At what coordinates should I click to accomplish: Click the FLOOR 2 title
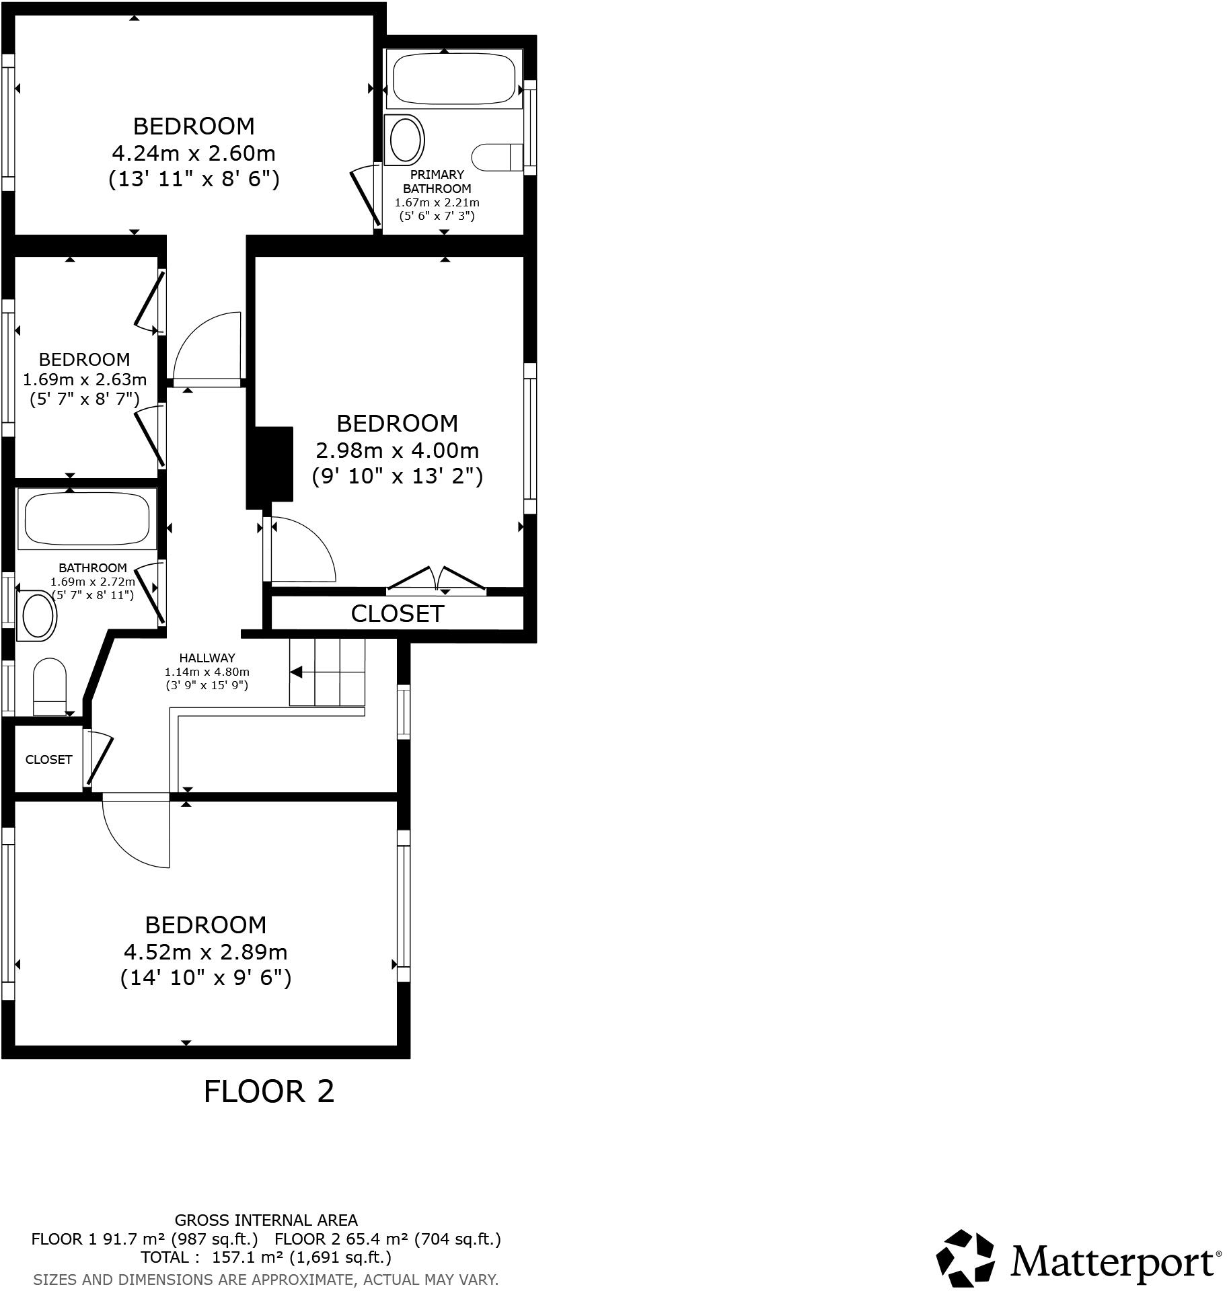(x=268, y=1092)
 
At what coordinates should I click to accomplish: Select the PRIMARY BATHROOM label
(x=437, y=182)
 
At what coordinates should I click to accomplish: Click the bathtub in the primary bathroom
(x=454, y=78)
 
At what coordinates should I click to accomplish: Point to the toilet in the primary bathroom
(x=497, y=157)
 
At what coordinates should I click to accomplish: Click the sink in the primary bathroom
(x=405, y=140)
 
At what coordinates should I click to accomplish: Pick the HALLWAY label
(x=207, y=658)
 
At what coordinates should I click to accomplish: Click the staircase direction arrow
(x=296, y=672)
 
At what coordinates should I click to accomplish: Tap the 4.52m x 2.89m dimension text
(x=205, y=952)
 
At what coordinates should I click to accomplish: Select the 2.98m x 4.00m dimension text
(x=397, y=450)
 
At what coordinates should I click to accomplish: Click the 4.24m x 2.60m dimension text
(x=194, y=153)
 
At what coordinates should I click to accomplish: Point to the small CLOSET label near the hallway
(x=48, y=760)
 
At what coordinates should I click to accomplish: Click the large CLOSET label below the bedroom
(x=397, y=613)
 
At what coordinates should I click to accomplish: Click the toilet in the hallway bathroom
(x=50, y=686)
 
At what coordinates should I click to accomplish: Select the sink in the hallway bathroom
(x=39, y=615)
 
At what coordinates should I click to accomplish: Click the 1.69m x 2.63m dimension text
(x=85, y=379)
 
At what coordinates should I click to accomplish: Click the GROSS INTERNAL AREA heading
(x=266, y=1220)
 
